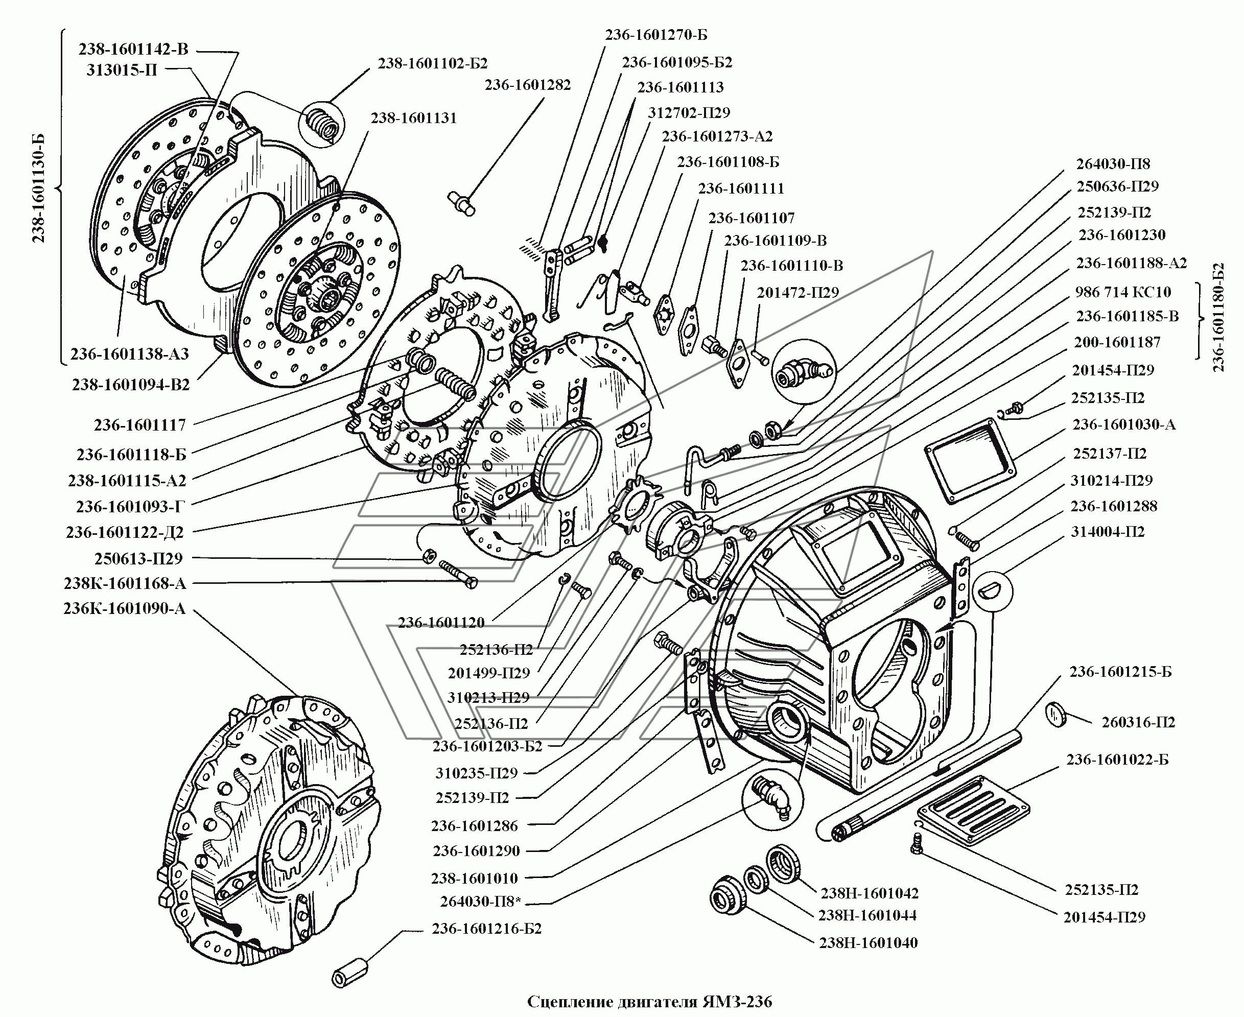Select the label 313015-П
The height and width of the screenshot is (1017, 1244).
(x=122, y=70)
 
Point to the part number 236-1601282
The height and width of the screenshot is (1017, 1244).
(x=527, y=85)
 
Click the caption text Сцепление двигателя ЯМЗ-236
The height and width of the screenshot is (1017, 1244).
(x=649, y=1002)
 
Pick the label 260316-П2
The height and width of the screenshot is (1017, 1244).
(x=1138, y=722)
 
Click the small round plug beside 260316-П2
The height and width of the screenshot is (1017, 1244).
(x=1055, y=715)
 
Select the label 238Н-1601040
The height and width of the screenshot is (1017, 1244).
(x=868, y=943)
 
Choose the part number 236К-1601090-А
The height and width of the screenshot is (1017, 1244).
(x=124, y=609)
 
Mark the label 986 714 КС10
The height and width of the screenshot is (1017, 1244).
(x=1123, y=292)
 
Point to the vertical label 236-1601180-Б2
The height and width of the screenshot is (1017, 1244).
(x=1218, y=317)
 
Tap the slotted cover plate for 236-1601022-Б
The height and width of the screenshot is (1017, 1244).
(x=973, y=810)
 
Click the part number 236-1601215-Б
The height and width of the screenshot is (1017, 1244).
(x=1120, y=672)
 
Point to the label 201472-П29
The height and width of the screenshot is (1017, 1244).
(x=797, y=292)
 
